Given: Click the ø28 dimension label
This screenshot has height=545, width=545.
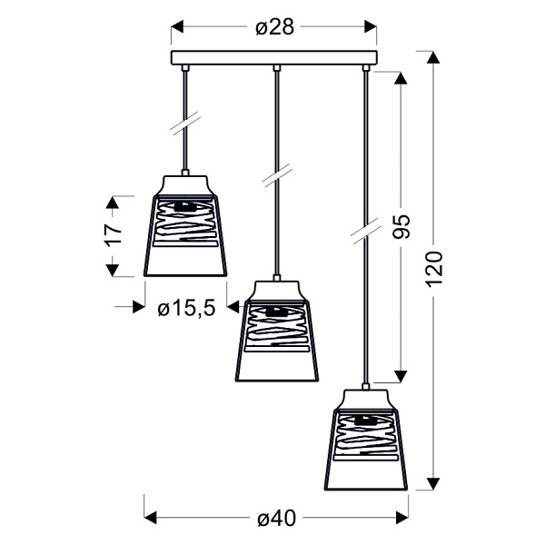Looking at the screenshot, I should coord(273,27).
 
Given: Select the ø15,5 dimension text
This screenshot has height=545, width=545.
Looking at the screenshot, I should coord(185,308).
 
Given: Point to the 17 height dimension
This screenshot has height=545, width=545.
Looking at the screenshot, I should coord(113,234).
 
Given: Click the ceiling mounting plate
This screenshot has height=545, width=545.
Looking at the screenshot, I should coord(273,58).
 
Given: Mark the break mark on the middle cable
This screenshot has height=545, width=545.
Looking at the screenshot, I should coord(276,174).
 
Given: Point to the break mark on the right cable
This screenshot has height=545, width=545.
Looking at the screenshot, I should coord(366,230).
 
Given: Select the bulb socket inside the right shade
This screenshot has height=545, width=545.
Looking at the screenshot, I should coord(366,421).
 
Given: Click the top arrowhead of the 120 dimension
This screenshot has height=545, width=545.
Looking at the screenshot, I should coord(434,57).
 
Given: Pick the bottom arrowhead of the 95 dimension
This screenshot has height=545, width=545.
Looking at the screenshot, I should coord(400,376).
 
